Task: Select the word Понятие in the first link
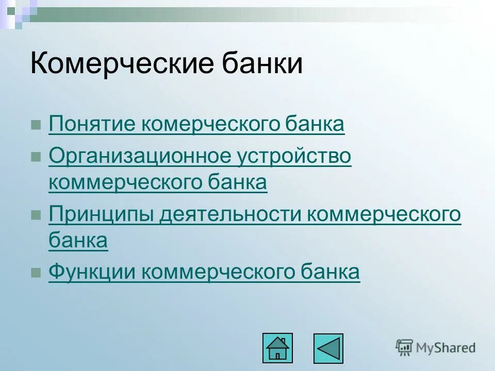[x=92, y=124]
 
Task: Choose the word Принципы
[x=101, y=214]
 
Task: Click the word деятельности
[x=230, y=214]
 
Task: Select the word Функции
[x=92, y=272]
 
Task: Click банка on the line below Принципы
[x=78, y=240]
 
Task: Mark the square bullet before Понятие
[x=36, y=125]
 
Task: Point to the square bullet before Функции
[x=36, y=273]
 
